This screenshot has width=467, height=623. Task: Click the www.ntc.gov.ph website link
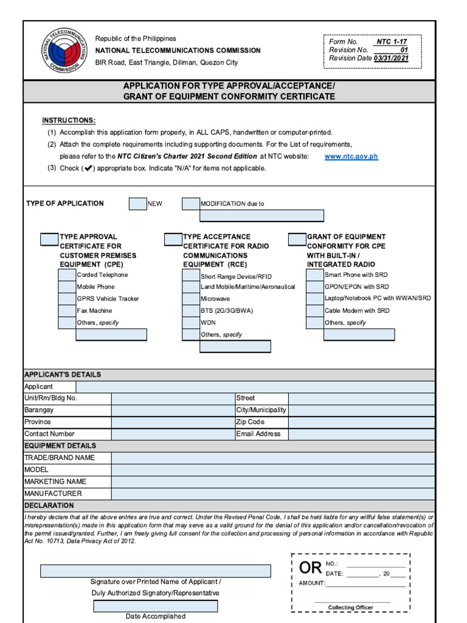(351, 156)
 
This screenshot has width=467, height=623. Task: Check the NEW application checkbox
(137, 204)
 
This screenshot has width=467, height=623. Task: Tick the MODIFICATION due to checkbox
(191, 204)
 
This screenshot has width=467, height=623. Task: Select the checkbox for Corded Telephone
(67, 275)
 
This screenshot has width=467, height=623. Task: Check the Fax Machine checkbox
(67, 311)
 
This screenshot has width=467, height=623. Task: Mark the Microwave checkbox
(191, 299)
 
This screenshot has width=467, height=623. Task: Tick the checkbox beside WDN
(191, 322)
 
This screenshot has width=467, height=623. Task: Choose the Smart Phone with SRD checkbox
(314, 275)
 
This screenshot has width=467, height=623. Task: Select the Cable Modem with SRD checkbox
(314, 311)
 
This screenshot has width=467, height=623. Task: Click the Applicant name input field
(255, 387)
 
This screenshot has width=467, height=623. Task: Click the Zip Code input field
(362, 422)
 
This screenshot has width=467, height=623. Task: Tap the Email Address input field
(362, 434)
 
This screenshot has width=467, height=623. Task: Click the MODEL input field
(273, 470)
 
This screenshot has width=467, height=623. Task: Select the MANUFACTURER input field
(273, 494)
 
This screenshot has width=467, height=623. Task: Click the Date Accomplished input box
(155, 606)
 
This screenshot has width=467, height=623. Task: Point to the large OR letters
(310, 569)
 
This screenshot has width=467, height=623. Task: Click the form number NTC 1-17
(392, 42)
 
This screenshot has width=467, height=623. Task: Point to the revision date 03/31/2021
(391, 58)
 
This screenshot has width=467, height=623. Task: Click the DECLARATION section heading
(49, 506)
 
